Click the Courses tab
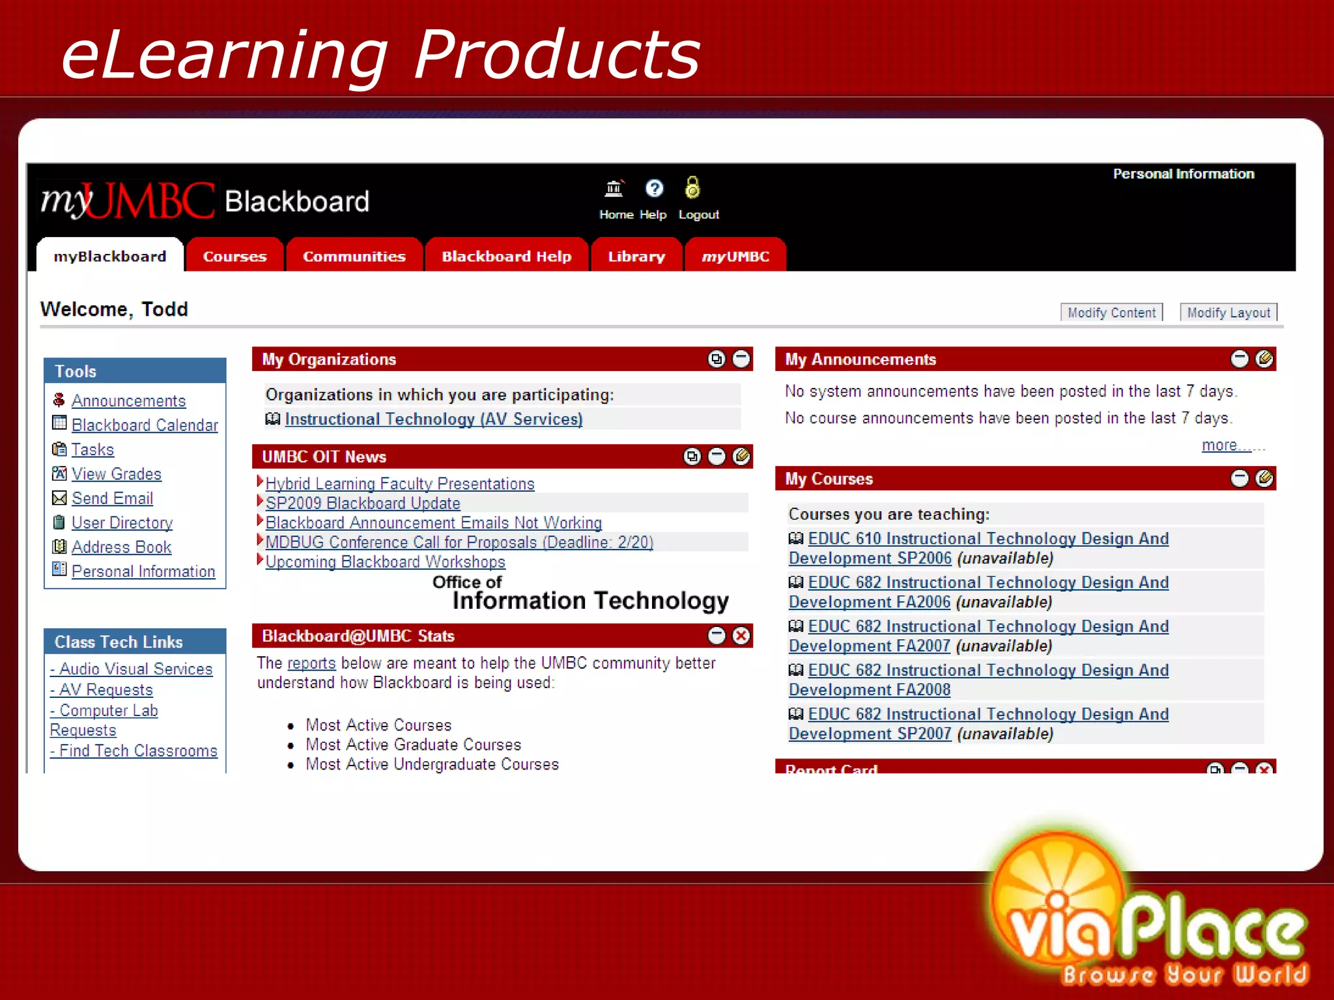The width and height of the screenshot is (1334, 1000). [x=234, y=256]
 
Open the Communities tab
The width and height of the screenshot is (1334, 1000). [x=354, y=256]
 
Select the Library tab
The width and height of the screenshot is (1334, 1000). [x=636, y=256]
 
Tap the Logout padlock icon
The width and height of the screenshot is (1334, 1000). [x=692, y=188]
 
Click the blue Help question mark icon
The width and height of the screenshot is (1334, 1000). [x=653, y=188]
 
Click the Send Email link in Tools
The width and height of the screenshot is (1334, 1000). [x=112, y=498]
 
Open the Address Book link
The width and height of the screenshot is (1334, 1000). [x=121, y=547]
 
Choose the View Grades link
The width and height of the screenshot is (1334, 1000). [x=116, y=474]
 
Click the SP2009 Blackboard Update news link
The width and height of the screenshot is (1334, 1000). [x=363, y=503]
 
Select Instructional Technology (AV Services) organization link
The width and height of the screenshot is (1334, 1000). [x=433, y=419]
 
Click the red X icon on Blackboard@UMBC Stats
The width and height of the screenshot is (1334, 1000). [x=741, y=635]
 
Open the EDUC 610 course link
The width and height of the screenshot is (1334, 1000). [x=987, y=539]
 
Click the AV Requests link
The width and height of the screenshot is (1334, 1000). [x=105, y=689]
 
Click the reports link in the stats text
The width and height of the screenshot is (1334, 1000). [x=311, y=663]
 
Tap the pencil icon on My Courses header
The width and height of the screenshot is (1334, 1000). [x=1264, y=479]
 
